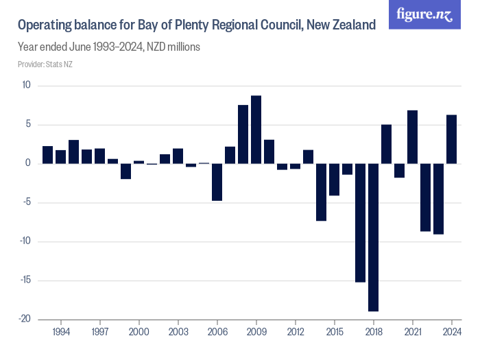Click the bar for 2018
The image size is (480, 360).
(374, 237)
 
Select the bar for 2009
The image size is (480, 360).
(256, 130)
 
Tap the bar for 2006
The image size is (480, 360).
(217, 182)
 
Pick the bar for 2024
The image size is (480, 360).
(452, 139)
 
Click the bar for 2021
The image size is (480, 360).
(413, 137)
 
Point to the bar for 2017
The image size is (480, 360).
(361, 223)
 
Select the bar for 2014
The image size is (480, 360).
(321, 192)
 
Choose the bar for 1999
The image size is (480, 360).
(125, 171)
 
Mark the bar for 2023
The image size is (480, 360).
(439, 199)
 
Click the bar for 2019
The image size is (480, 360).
(387, 144)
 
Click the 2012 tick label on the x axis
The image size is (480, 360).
(296, 331)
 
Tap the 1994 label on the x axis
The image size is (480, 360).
(61, 331)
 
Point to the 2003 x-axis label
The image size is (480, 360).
(178, 331)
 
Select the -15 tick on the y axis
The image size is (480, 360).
(25, 280)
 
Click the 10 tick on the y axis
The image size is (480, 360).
(27, 85)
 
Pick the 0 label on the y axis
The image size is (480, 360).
(28, 163)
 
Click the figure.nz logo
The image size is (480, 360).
(425, 14)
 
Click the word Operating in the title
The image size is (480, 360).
(45, 25)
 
